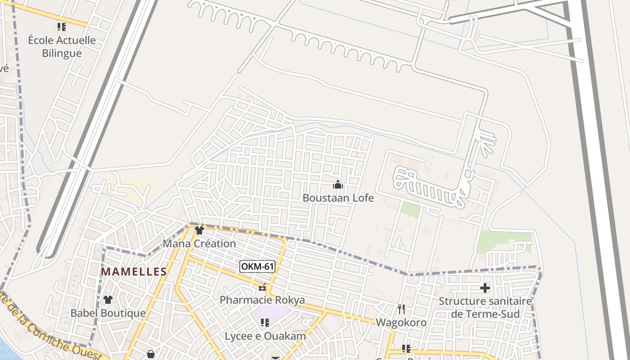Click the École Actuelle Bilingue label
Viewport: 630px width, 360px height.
[62, 47]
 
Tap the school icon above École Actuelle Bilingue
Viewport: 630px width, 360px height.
[62, 27]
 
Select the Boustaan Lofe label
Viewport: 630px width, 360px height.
[338, 198]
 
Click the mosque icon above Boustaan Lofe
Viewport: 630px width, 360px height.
[338, 184]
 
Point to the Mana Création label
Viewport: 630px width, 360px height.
[199, 243]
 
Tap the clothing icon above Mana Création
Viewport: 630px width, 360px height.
[199, 230]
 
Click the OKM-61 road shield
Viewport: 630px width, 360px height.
[257, 266]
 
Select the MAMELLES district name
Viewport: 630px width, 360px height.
[134, 272]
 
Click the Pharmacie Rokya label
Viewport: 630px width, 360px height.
[262, 300]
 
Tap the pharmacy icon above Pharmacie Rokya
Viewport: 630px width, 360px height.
[262, 287]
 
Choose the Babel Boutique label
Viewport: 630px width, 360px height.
[108, 313]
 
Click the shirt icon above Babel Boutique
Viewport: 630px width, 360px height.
[108, 299]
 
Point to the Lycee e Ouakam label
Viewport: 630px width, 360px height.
[265, 336]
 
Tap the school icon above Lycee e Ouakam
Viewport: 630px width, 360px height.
[265, 322]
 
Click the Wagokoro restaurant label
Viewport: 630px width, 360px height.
[401, 322]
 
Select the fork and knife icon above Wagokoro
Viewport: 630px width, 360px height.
[401, 309]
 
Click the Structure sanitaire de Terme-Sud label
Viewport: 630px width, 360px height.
[485, 307]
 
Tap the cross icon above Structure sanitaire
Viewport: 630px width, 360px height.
[485, 288]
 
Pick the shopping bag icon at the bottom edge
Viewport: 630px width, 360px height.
[151, 354]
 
